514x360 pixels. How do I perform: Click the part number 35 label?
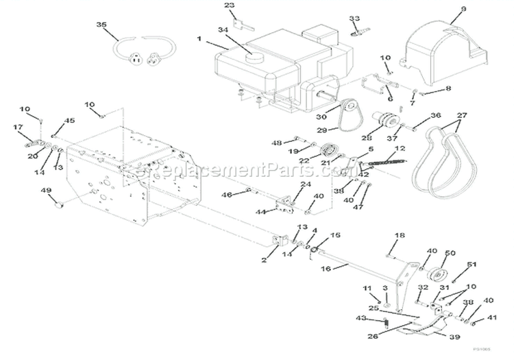point(102,25)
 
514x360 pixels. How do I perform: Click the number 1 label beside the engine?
point(199,39)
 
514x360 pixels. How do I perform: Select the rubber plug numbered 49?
point(58,203)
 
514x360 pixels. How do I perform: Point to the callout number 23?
point(229,5)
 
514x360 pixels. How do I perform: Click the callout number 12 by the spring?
point(400,148)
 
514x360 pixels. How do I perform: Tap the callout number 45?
point(70,121)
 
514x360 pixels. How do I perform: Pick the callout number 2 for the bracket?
point(264,260)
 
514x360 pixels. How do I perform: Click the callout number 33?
point(354,19)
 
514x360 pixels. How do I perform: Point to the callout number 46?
point(229,195)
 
